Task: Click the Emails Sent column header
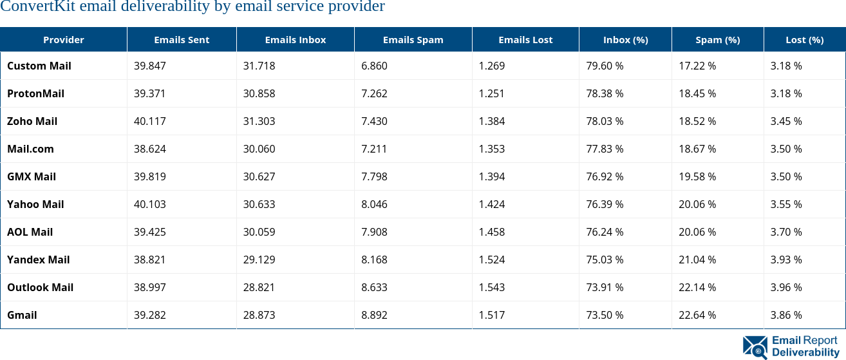pyautogui.click(x=182, y=40)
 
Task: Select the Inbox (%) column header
pyautogui.click(x=625, y=40)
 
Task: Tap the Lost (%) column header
pyautogui.click(x=804, y=40)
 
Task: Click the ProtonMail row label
pyautogui.click(x=36, y=93)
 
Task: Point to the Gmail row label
pyautogui.click(x=22, y=315)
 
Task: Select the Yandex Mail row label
pyautogui.click(x=39, y=260)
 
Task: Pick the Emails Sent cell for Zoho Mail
pyautogui.click(x=149, y=121)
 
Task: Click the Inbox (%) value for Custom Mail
pyautogui.click(x=605, y=66)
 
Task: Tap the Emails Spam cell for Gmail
pyautogui.click(x=374, y=315)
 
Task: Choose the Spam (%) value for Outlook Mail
pyautogui.click(x=697, y=287)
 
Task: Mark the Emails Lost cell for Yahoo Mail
pyautogui.click(x=492, y=204)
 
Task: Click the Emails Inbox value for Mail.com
pyautogui.click(x=259, y=149)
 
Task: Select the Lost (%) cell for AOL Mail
pyautogui.click(x=786, y=232)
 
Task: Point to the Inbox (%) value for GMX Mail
pyautogui.click(x=605, y=176)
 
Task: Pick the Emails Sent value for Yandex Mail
pyautogui.click(x=149, y=260)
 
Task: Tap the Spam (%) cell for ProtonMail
pyautogui.click(x=697, y=93)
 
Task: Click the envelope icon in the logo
pyautogui.click(x=755, y=346)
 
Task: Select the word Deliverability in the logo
pyautogui.click(x=805, y=352)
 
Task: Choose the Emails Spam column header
pyautogui.click(x=413, y=40)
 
